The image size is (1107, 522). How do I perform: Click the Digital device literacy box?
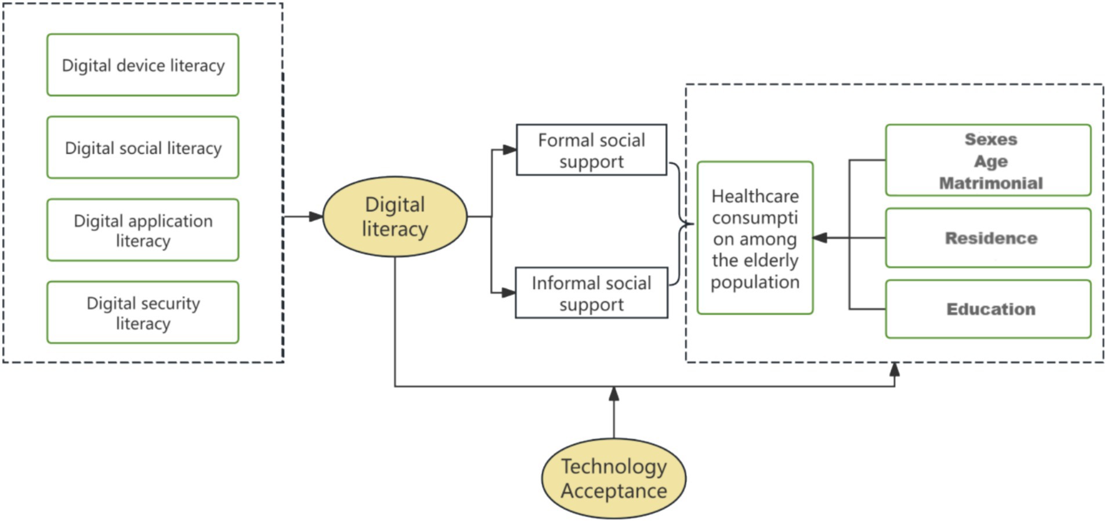click(143, 65)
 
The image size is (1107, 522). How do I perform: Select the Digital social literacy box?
click(143, 147)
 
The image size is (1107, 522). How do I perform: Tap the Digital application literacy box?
click(143, 230)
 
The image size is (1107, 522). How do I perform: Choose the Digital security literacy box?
click(143, 312)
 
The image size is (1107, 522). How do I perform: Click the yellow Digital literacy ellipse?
click(395, 217)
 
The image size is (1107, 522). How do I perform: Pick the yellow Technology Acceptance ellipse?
click(614, 478)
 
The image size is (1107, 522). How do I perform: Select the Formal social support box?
click(591, 150)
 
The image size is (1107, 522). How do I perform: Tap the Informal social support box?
click(591, 293)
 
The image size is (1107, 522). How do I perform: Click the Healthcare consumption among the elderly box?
click(755, 238)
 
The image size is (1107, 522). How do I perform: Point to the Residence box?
click(988, 238)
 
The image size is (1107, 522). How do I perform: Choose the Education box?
click(988, 309)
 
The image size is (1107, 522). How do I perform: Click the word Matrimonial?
click(991, 183)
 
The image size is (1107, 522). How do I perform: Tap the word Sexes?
click(991, 139)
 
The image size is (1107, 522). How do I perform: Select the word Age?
click(991, 161)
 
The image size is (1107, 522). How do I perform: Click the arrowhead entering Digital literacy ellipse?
click(316, 217)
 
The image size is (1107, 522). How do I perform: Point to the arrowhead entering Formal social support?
click(509, 150)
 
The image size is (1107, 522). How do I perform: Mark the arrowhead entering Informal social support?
click(509, 293)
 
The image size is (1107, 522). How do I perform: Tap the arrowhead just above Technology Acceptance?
click(614, 394)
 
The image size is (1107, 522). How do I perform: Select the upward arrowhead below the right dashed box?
click(895, 369)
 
